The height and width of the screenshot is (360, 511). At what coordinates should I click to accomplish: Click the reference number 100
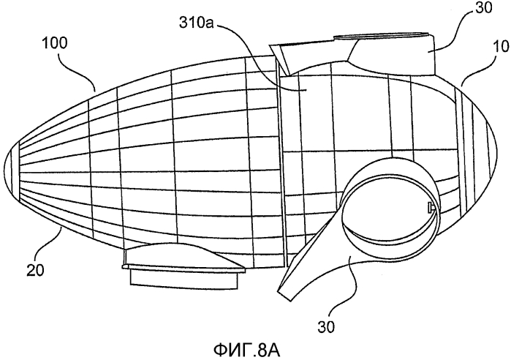coord(54,42)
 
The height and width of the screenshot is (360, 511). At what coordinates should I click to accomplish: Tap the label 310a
coord(196,23)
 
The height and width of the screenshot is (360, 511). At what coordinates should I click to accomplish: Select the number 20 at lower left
coord(35,270)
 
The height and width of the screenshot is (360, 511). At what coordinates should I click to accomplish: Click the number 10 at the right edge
coord(502,46)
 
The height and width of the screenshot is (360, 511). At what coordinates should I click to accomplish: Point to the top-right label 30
coord(484,7)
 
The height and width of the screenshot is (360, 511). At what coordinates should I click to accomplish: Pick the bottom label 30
coord(327,327)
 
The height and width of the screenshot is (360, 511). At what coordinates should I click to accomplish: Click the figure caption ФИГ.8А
coord(246,350)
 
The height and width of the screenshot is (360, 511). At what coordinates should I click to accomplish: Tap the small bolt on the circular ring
coord(431,207)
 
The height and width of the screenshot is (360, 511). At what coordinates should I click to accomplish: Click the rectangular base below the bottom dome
coord(183,280)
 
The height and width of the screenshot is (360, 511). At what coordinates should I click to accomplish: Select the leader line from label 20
coord(48,246)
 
